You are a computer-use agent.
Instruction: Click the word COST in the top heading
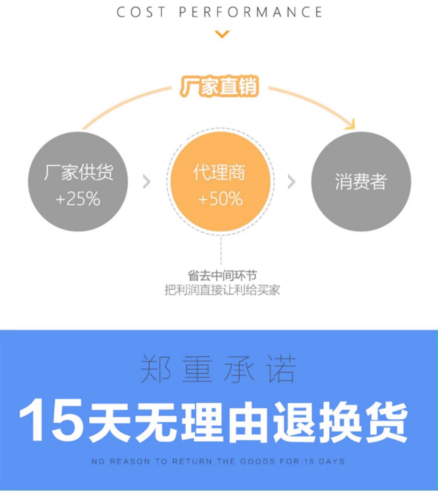point(141,12)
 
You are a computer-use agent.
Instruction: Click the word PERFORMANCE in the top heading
point(251,12)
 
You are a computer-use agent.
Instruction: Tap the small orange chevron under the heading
point(222,34)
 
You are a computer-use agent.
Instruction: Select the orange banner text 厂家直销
point(219,86)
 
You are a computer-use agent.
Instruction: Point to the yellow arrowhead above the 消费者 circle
point(351,125)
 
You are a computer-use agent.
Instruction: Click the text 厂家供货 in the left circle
point(79,172)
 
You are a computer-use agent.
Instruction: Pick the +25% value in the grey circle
point(78,199)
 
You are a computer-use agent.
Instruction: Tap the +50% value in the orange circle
point(220,199)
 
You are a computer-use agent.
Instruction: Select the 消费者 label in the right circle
point(361,181)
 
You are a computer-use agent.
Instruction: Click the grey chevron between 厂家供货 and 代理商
point(147,182)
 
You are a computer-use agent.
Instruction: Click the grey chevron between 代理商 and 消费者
point(291,182)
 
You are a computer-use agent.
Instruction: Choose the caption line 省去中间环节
point(222,275)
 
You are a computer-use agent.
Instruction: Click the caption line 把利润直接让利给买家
point(222,290)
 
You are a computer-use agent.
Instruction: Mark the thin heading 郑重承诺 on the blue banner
point(218,369)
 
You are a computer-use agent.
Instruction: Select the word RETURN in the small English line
point(192,462)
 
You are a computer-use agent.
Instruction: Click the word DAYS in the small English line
point(332,462)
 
